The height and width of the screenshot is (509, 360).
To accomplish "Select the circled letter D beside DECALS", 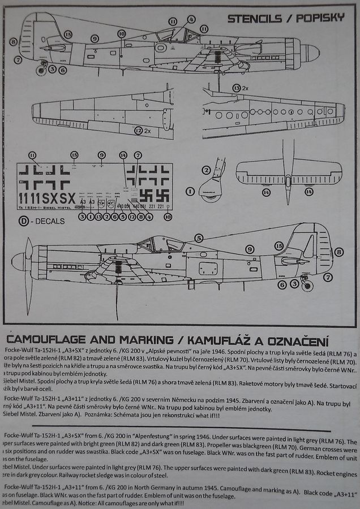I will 24,221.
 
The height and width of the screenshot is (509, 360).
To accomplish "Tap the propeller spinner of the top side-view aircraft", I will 310,53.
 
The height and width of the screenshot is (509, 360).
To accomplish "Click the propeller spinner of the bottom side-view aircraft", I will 19,261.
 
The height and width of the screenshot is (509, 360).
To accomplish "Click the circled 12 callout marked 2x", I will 138,131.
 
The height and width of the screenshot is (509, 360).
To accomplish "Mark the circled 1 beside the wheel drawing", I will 190,191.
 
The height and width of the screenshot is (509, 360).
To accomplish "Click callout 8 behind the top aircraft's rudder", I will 13,41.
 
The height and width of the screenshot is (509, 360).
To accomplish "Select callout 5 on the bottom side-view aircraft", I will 199,238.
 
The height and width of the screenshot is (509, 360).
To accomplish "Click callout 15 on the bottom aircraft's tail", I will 278,245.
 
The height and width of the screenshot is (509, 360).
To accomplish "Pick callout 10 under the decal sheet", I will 167,217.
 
